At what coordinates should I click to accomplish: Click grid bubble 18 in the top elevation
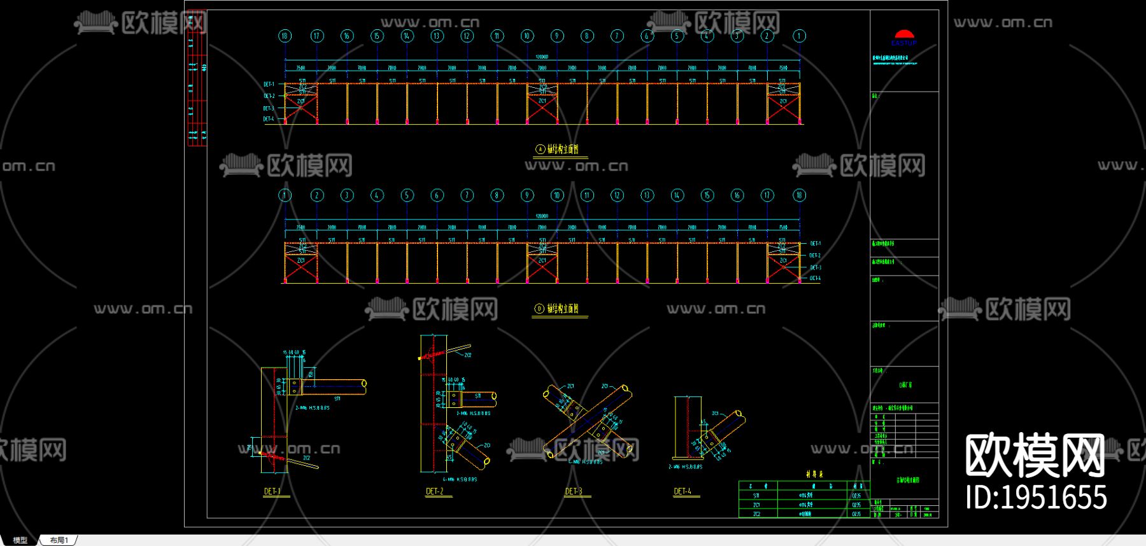coord(285,36)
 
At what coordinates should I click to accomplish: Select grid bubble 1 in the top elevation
coord(799,36)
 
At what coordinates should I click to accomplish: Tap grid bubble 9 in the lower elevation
coord(527,195)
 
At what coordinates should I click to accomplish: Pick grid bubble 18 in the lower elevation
coord(799,195)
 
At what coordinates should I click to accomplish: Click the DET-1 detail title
coord(272,491)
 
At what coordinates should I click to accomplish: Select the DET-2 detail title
coord(434,491)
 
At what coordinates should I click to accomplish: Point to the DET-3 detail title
coord(573,491)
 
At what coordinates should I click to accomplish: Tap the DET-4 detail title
coord(682,491)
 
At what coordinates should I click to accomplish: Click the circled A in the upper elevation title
coord(541,150)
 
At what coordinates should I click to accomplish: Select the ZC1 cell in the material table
coord(756,505)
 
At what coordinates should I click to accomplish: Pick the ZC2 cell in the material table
coord(756,514)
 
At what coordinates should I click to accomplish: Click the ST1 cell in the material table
coord(756,495)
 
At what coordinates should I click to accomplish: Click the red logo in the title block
coord(904,34)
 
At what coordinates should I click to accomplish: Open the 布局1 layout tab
coord(59,540)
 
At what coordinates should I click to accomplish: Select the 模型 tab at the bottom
coord(20,540)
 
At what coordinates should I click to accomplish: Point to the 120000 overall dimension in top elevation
coord(541,57)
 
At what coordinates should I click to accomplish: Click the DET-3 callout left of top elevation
coord(269,108)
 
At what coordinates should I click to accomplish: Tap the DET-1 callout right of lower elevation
coord(815,244)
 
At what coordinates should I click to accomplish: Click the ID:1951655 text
coord(1036,497)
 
